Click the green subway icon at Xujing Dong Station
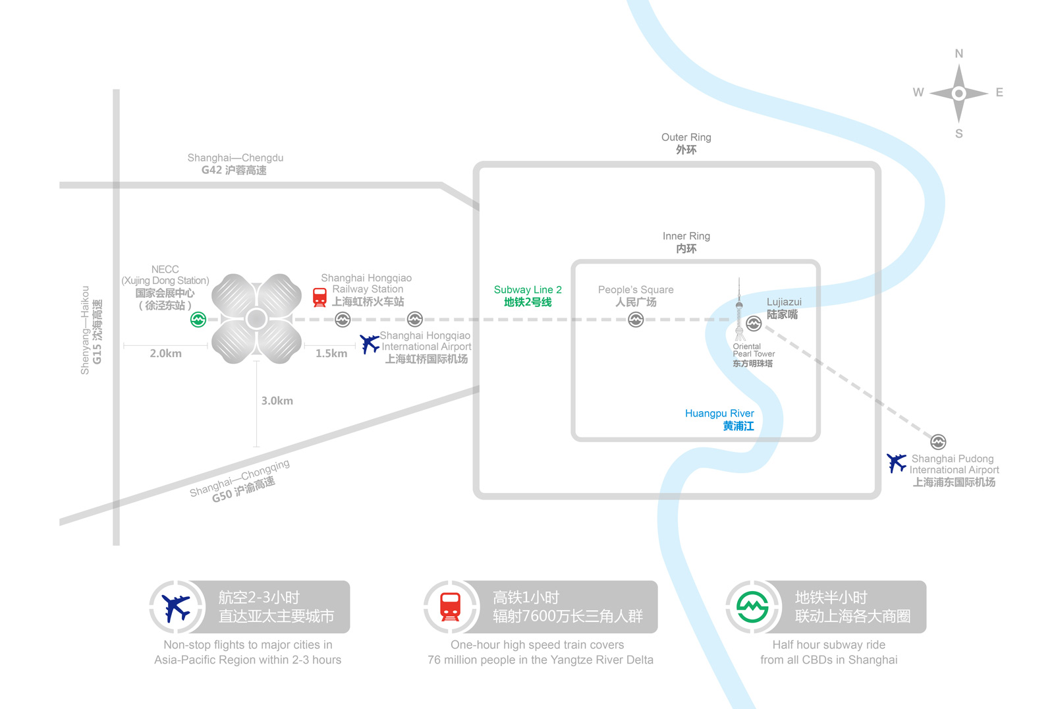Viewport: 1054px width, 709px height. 198,320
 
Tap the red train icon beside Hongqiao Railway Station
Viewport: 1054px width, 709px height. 319,298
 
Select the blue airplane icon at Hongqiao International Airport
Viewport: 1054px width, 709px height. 370,344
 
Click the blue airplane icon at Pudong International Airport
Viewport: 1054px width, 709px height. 897,463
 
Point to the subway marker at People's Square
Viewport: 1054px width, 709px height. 636,320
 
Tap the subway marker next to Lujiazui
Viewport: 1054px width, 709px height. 754,324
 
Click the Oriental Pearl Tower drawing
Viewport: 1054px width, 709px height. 740,309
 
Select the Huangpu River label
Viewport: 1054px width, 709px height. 719,420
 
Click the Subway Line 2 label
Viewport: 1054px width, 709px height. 528,296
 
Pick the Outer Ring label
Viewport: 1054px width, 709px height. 686,144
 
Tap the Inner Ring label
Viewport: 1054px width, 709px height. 686,242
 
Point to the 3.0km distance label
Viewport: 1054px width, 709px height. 277,401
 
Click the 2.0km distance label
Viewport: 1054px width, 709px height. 165,353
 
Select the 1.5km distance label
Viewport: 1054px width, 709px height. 331,353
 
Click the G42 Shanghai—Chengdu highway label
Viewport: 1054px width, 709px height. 235,164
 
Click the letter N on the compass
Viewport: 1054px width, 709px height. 959,53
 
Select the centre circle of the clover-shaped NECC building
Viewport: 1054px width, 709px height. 256,319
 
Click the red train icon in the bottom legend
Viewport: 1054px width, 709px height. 451,607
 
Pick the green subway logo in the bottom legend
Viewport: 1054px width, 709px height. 752,607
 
